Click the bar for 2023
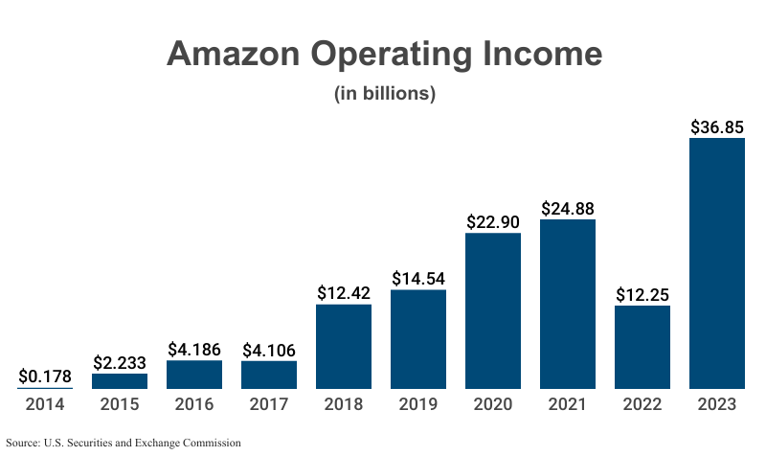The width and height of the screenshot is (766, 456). click(717, 263)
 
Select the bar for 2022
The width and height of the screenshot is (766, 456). click(642, 347)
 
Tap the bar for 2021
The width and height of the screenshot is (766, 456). click(568, 304)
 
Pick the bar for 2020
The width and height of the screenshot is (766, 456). click(493, 310)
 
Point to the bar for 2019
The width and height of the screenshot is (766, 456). click(418, 339)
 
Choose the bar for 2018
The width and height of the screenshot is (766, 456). click(344, 346)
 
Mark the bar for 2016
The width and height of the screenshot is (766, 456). click(194, 375)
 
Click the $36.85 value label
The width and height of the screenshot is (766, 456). click(717, 126)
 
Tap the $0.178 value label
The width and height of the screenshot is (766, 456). click(45, 376)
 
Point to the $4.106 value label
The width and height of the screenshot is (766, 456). click(269, 350)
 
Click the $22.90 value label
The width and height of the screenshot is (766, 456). click(493, 221)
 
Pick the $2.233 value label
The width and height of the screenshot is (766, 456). click(120, 362)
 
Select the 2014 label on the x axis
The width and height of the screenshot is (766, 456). click(45, 404)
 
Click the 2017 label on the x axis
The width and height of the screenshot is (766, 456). click(269, 404)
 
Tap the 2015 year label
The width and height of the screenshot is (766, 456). click(120, 404)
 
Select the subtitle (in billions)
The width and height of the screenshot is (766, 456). click(385, 94)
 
